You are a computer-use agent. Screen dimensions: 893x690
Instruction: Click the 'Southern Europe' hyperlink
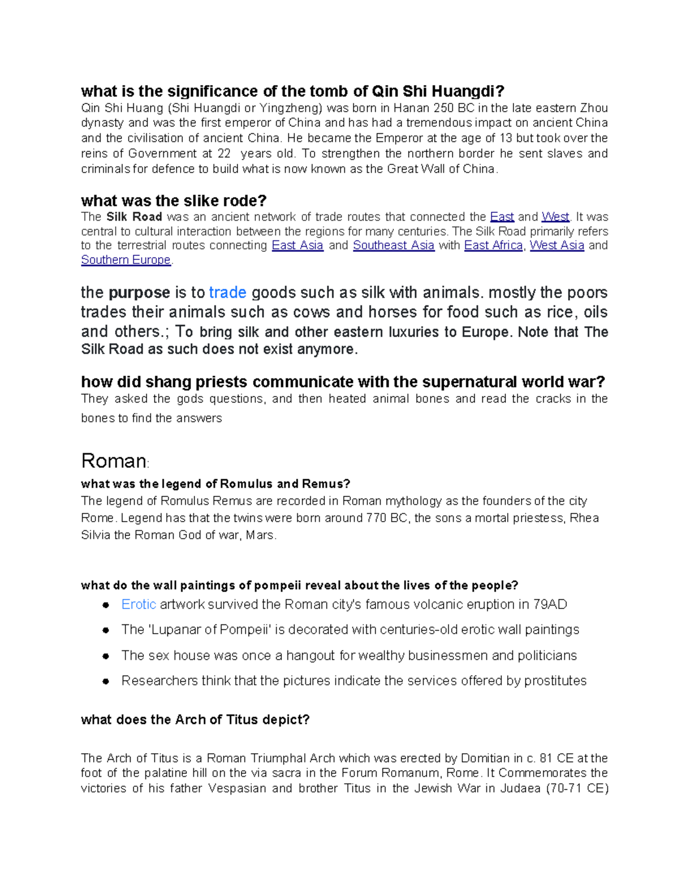coord(126,260)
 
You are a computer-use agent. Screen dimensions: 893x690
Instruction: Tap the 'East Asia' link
coord(297,246)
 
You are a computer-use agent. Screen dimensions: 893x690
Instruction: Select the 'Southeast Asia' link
coord(393,246)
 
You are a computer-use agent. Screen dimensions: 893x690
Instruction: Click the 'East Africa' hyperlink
coord(493,246)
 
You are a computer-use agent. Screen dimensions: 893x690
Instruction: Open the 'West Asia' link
coord(557,246)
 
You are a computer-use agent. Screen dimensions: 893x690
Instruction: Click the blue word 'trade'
coord(228,293)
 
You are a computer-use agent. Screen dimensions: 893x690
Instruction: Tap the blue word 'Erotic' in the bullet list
coord(139,604)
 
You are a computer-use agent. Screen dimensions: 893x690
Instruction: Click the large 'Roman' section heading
coord(114,461)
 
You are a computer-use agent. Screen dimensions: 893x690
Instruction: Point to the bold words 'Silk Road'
coord(134,217)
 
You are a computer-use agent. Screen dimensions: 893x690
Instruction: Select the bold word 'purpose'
coord(139,293)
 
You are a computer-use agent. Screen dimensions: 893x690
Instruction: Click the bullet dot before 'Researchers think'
coord(106,681)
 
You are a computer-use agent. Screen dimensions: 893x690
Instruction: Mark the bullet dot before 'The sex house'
coord(106,656)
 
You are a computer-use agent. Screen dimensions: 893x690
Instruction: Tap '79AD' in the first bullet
coord(550,604)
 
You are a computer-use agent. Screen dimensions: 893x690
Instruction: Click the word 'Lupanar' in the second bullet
coord(175,630)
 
